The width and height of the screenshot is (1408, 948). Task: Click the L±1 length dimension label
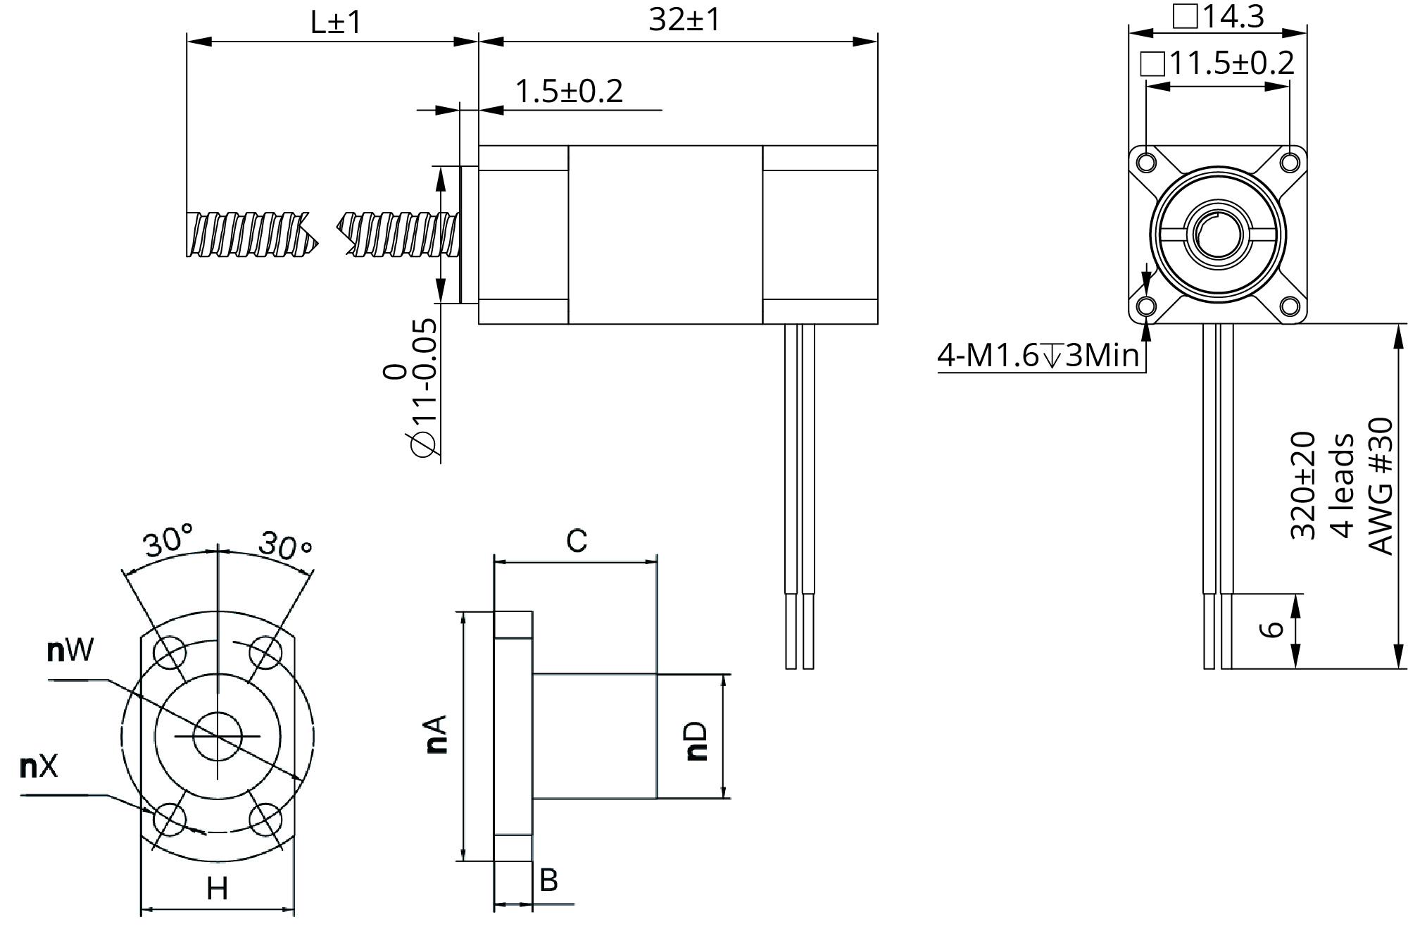336,23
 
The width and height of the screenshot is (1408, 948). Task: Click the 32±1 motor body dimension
684,20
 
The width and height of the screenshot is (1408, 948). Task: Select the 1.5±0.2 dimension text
569,92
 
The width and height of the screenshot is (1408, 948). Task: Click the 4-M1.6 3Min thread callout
1038,356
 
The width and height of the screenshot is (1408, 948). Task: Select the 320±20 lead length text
1302,486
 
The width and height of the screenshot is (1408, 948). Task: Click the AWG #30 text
1381,486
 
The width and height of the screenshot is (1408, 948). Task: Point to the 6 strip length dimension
1271,629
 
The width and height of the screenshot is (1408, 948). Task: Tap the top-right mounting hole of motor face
1290,162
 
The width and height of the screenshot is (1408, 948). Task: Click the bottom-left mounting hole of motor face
1146,307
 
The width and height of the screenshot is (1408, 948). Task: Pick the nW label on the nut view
70,651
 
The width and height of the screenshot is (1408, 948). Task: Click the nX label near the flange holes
39,767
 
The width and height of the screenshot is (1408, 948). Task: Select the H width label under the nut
217,890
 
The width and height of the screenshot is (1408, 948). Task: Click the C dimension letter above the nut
577,542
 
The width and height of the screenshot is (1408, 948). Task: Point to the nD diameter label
696,740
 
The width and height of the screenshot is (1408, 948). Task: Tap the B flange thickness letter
548,880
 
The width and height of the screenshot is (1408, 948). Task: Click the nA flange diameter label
437,735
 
